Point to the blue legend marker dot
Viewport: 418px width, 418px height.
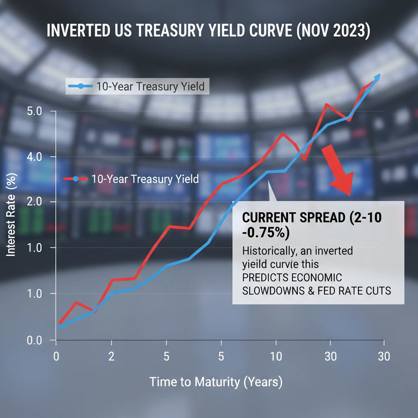coord(80,86)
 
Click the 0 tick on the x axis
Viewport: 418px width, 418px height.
coord(57,356)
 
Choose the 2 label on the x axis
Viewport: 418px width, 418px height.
coord(111,356)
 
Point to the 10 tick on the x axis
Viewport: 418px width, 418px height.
coord(276,356)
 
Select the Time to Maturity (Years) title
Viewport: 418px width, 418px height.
coord(216,382)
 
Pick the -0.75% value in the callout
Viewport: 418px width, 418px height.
coord(265,233)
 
